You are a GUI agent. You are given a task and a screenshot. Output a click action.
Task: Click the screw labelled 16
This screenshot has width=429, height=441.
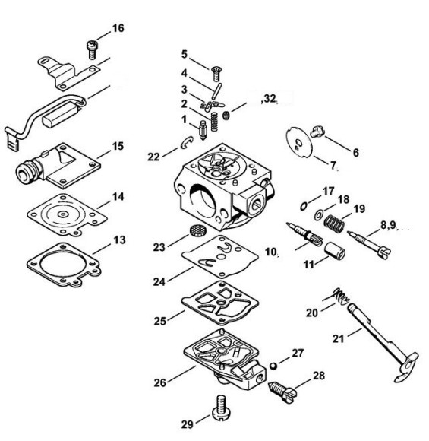91,49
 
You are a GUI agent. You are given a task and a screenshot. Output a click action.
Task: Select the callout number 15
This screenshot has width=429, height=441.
118,146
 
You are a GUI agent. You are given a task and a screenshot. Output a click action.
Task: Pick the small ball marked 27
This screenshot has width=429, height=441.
273,366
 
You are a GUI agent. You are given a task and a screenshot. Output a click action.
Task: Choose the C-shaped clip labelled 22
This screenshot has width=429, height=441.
187,143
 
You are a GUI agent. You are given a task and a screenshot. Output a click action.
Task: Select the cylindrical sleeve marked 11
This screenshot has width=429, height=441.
335,249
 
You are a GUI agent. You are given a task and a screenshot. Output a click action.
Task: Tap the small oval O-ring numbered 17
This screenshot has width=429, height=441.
304,206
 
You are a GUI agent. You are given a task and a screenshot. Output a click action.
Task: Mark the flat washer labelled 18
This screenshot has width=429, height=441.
319,215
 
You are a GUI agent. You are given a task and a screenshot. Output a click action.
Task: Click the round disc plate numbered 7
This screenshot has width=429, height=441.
299,141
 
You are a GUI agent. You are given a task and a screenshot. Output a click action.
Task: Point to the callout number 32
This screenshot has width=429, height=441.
270,99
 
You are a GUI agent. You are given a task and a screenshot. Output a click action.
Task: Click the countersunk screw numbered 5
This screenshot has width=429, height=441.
216,74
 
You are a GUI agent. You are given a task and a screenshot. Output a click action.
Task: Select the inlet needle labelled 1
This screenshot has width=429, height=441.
202,130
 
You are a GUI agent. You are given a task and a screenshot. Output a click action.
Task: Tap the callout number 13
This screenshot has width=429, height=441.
120,240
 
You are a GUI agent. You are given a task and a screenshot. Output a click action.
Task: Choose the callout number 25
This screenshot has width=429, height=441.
159,321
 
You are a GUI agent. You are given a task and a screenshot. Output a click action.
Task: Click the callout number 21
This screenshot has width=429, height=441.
338,338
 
